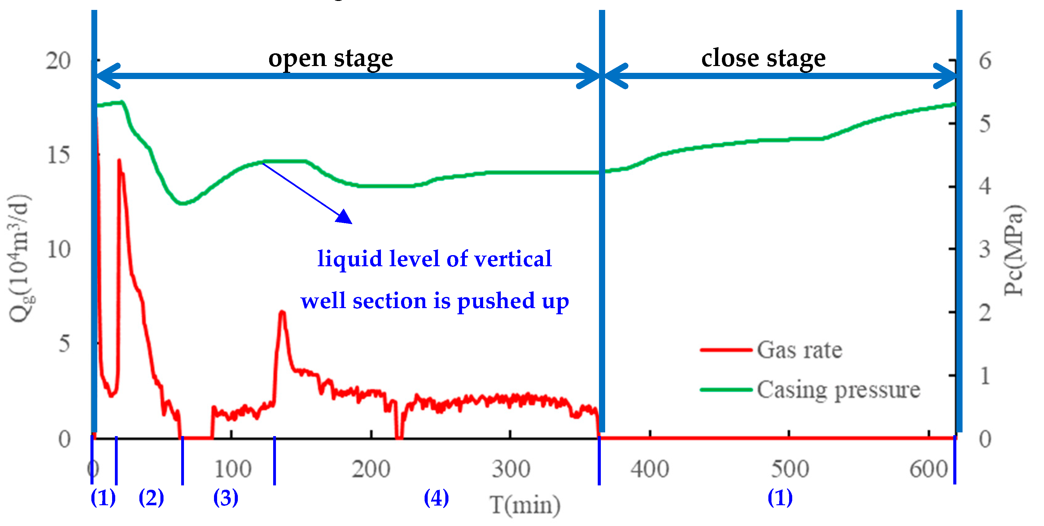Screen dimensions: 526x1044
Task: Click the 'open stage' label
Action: (x=331, y=58)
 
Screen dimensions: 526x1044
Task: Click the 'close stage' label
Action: (x=763, y=58)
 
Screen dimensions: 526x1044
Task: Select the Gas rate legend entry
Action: (x=799, y=350)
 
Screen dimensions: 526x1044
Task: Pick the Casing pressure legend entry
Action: (x=838, y=390)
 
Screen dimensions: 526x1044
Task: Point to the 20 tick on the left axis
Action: (x=58, y=61)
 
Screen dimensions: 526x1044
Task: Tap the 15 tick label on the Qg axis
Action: (x=58, y=155)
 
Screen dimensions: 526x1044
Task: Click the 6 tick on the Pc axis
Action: (x=985, y=61)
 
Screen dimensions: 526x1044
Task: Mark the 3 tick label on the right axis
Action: (x=985, y=250)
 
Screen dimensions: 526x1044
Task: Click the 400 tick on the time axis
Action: (x=650, y=469)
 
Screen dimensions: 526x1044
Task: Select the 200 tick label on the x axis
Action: (x=371, y=469)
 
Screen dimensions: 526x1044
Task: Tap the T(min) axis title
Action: (x=525, y=505)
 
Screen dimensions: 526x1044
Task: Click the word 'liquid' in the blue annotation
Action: (x=350, y=259)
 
